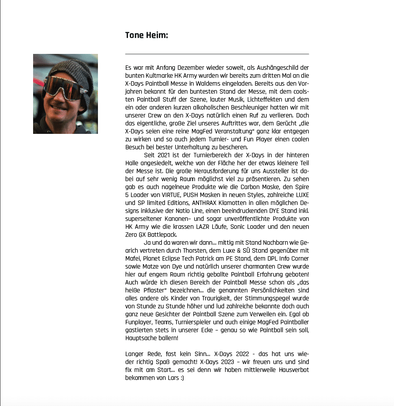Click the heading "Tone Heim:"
(x=146, y=35)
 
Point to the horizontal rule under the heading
(x=217, y=54)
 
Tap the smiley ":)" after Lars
(x=181, y=378)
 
